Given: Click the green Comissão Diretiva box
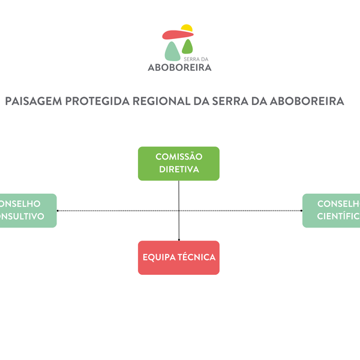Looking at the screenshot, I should click(179, 163).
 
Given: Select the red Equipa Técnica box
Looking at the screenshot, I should click(179, 257).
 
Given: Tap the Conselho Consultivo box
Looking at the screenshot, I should click(27, 210).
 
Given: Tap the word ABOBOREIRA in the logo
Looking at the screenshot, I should click(179, 67).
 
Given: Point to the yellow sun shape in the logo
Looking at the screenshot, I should click(187, 28).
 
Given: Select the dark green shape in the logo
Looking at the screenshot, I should click(188, 47).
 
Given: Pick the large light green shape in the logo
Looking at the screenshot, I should click(172, 52).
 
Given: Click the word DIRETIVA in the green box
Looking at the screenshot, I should click(179, 169).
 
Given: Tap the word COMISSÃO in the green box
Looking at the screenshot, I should click(179, 157).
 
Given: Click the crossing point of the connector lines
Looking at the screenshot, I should click(179, 211).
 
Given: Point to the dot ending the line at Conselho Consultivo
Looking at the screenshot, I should click(58, 211).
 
